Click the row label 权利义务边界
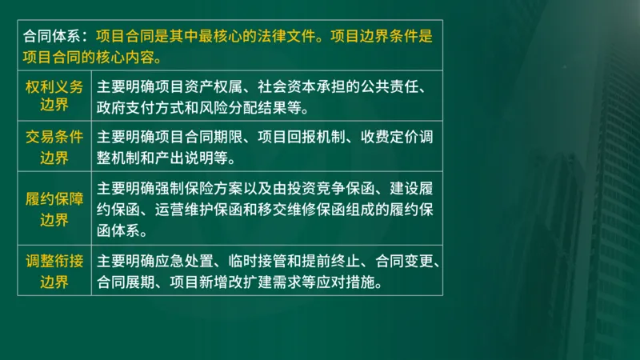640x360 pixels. [x=54, y=96]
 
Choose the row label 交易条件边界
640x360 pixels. [x=54, y=146]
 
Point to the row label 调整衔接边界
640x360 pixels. [x=54, y=271]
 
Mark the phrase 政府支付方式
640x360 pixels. [x=139, y=107]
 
